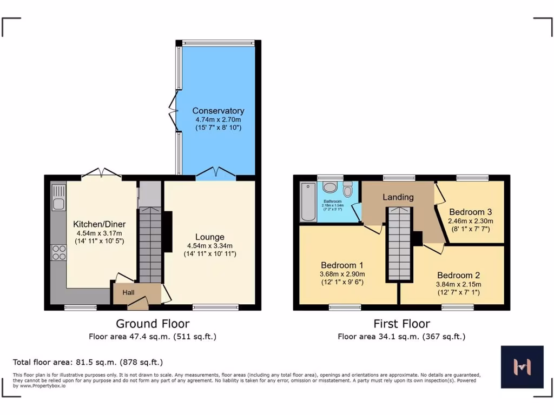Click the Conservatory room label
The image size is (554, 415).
click(218, 111)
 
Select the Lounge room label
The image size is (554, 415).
click(209, 237)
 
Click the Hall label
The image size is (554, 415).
click(128, 292)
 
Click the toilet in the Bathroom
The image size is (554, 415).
click(347, 189)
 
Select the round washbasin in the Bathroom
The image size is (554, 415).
click(330, 187)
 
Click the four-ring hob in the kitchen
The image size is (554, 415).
click(58, 253)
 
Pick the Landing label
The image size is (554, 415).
click(398, 197)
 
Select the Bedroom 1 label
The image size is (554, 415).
click(341, 265)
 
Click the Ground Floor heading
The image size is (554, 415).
click(153, 324)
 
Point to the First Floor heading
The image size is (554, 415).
click(401, 324)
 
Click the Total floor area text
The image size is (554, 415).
click(88, 362)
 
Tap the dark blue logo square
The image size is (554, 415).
click(522, 367)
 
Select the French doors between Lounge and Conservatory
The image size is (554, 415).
click(216, 173)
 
